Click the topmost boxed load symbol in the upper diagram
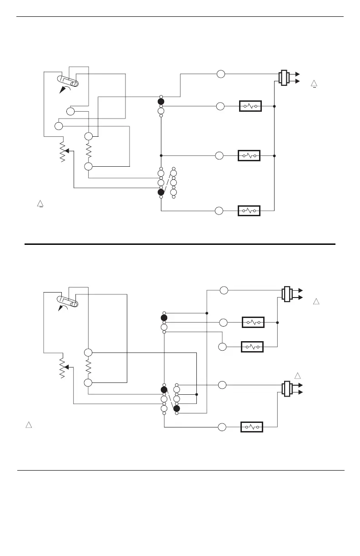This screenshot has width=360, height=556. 250,106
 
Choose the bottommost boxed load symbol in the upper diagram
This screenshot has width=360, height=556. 249,210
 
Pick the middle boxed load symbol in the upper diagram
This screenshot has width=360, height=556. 249,156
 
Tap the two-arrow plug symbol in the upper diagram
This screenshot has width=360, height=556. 286,77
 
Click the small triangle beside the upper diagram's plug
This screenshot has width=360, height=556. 313,83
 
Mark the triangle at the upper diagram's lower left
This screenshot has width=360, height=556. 40,204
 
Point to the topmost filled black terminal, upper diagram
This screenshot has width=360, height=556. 161,101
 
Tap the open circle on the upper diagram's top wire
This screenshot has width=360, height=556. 220,74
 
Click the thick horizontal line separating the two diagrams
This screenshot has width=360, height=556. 180,244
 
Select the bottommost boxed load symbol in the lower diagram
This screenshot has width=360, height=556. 251,427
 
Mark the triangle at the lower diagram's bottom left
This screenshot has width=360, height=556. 28,425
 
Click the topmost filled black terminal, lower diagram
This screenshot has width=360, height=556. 164,318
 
